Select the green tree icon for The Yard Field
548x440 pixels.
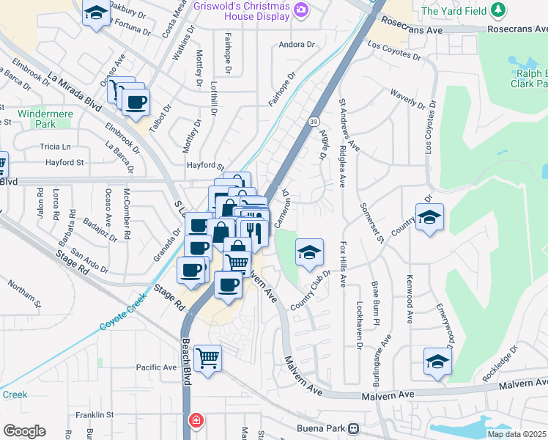click(x=499, y=10)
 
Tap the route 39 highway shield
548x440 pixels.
click(x=314, y=121)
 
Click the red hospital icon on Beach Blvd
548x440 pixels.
click(x=196, y=421)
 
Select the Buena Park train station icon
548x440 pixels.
click(x=354, y=428)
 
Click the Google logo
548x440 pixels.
click(x=24, y=431)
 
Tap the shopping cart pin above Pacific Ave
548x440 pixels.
click(x=208, y=358)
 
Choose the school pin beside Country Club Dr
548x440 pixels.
click(x=310, y=252)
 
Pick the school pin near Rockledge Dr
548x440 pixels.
click(x=437, y=361)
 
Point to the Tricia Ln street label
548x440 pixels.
click(x=61, y=147)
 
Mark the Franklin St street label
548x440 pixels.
click(x=95, y=415)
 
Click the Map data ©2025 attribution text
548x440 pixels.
click(x=517, y=434)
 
